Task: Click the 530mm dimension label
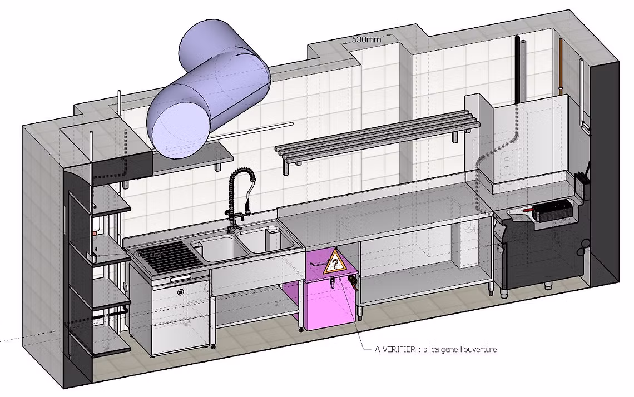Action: pos(366,39)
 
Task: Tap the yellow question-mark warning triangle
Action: pos(334,261)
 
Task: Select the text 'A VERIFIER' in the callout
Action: pos(394,349)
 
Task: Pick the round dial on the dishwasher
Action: pos(180,291)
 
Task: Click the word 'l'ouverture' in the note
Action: pos(478,349)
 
